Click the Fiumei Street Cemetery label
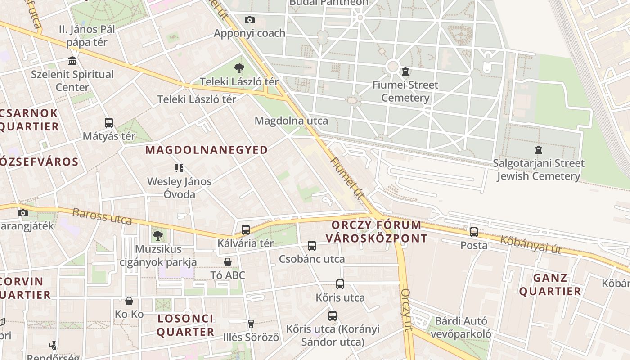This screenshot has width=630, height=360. pyautogui.click(x=405, y=91)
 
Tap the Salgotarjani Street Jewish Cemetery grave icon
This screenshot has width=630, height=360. pyautogui.click(x=538, y=150)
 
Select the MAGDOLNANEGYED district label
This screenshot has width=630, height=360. pyautogui.click(x=207, y=150)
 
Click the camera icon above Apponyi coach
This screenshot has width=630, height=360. pyautogui.click(x=249, y=20)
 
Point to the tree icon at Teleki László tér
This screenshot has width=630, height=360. pyautogui.click(x=239, y=68)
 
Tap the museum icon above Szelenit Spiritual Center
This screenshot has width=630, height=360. pyautogui.click(x=72, y=61)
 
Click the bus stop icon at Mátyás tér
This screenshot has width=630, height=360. pyautogui.click(x=108, y=122)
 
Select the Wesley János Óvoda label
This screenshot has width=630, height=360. pyautogui.click(x=179, y=188)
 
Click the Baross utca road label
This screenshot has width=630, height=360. pyautogui.click(x=102, y=216)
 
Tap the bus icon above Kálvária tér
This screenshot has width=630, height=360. pyautogui.click(x=245, y=230)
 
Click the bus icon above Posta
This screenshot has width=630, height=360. pyautogui.click(x=474, y=232)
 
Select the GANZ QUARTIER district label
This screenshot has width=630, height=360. pyautogui.click(x=550, y=284)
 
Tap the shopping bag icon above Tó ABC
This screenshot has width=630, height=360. pyautogui.click(x=228, y=262)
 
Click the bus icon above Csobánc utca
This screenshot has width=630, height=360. pyautogui.click(x=311, y=246)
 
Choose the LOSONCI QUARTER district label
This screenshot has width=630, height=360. pyautogui.click(x=185, y=325)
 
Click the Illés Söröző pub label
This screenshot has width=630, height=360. pyautogui.click(x=251, y=337)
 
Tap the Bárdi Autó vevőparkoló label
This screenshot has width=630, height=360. pyautogui.click(x=461, y=328)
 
